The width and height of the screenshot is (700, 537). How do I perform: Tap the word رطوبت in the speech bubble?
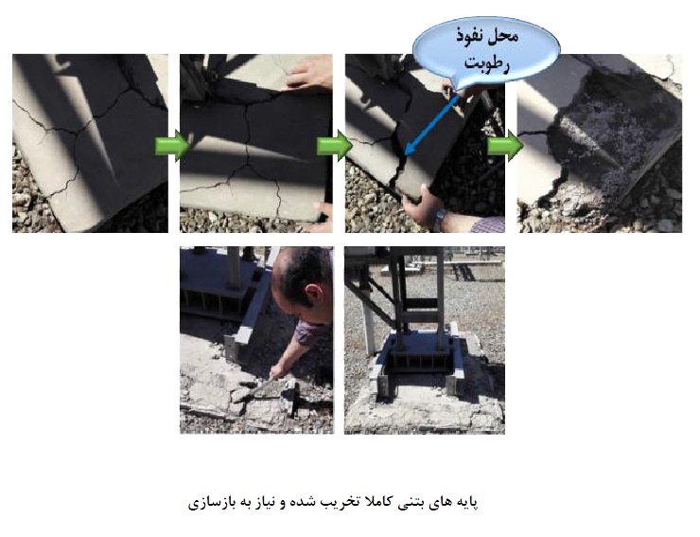[x=487, y=63]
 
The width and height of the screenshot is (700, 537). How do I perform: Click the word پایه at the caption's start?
[x=464, y=503]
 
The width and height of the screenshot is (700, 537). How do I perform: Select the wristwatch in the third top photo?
[x=441, y=217]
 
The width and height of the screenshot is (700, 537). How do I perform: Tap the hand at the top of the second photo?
[x=309, y=74]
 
